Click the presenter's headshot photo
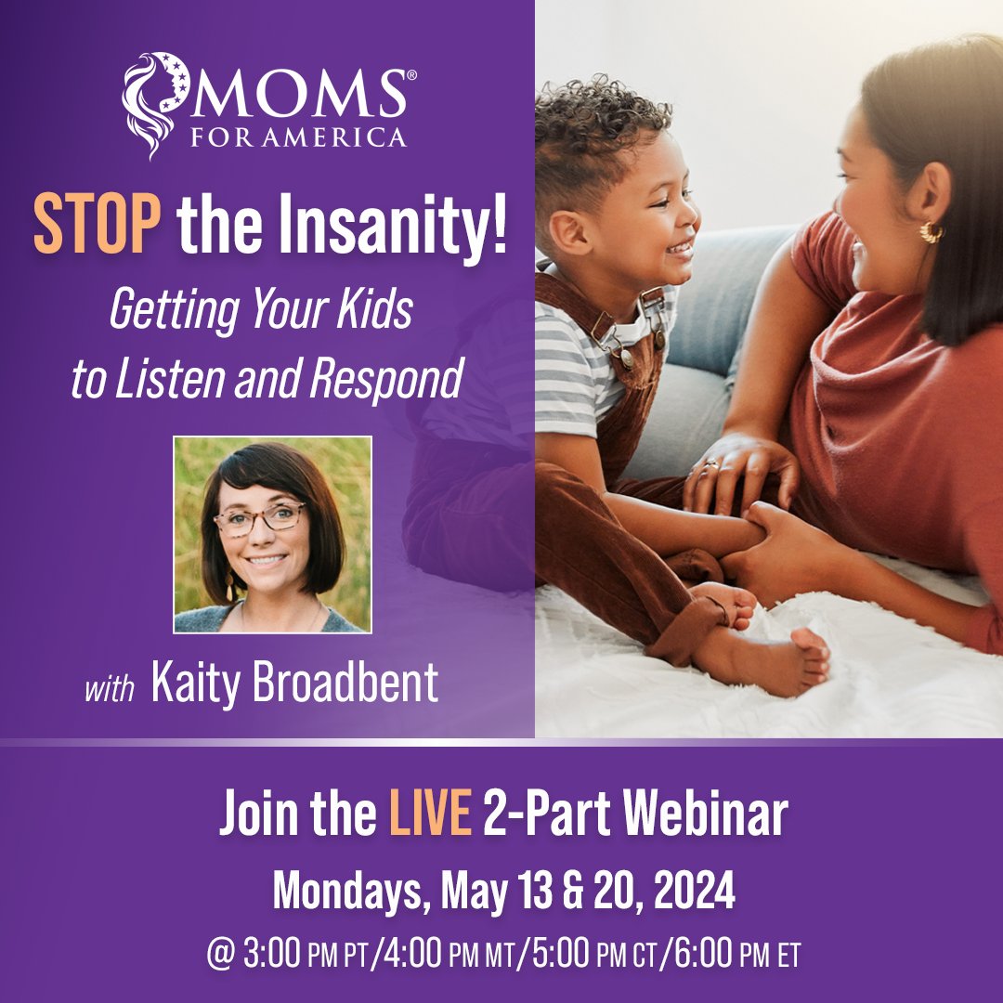272,534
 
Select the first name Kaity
187,684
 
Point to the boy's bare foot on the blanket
785,659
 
